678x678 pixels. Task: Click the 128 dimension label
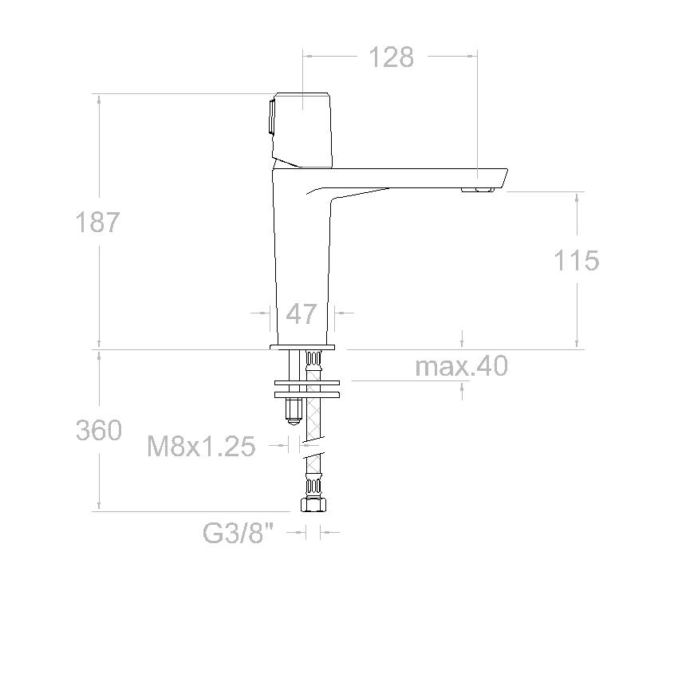tap(392, 57)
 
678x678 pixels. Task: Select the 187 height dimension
tap(97, 223)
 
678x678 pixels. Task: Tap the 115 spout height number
tap(577, 260)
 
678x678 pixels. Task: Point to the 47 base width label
tap(301, 314)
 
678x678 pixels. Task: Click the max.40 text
tap(461, 366)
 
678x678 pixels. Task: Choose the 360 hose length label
tap(99, 430)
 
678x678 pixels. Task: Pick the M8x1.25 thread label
tap(201, 446)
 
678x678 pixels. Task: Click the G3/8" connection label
tap(238, 533)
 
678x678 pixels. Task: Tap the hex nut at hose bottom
tap(313, 504)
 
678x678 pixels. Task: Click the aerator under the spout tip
tap(477, 189)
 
